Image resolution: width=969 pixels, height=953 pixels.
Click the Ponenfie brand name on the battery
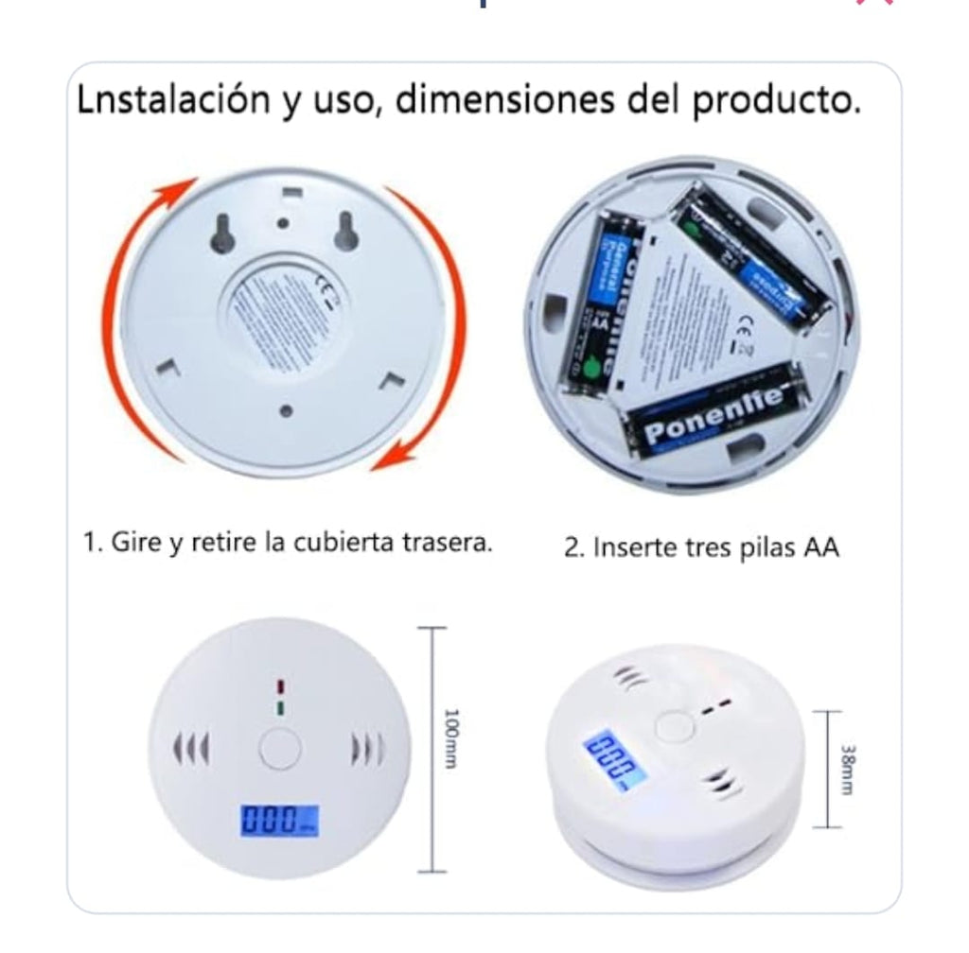(715, 416)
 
